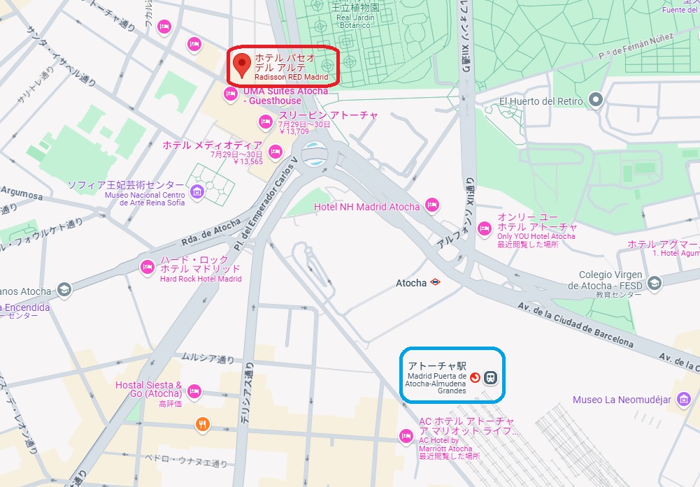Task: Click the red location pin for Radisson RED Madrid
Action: pos(242,64)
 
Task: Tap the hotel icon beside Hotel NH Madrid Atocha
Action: pos(431,206)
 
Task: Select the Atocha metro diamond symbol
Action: pos(436,283)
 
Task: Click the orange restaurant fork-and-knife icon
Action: pos(202,423)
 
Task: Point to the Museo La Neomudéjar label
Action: pos(622,400)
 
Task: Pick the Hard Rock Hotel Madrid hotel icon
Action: pos(147,266)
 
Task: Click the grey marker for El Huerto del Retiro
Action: pos(596,101)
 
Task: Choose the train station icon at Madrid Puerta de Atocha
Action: pos(492,378)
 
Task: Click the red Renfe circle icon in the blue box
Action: pos(476,378)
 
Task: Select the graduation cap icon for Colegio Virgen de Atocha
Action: pos(655,283)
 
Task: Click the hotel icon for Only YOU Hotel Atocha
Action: pos(484,228)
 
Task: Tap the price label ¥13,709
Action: pos(294,131)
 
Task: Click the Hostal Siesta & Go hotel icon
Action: pos(194,391)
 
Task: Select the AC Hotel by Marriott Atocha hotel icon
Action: pos(405,436)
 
